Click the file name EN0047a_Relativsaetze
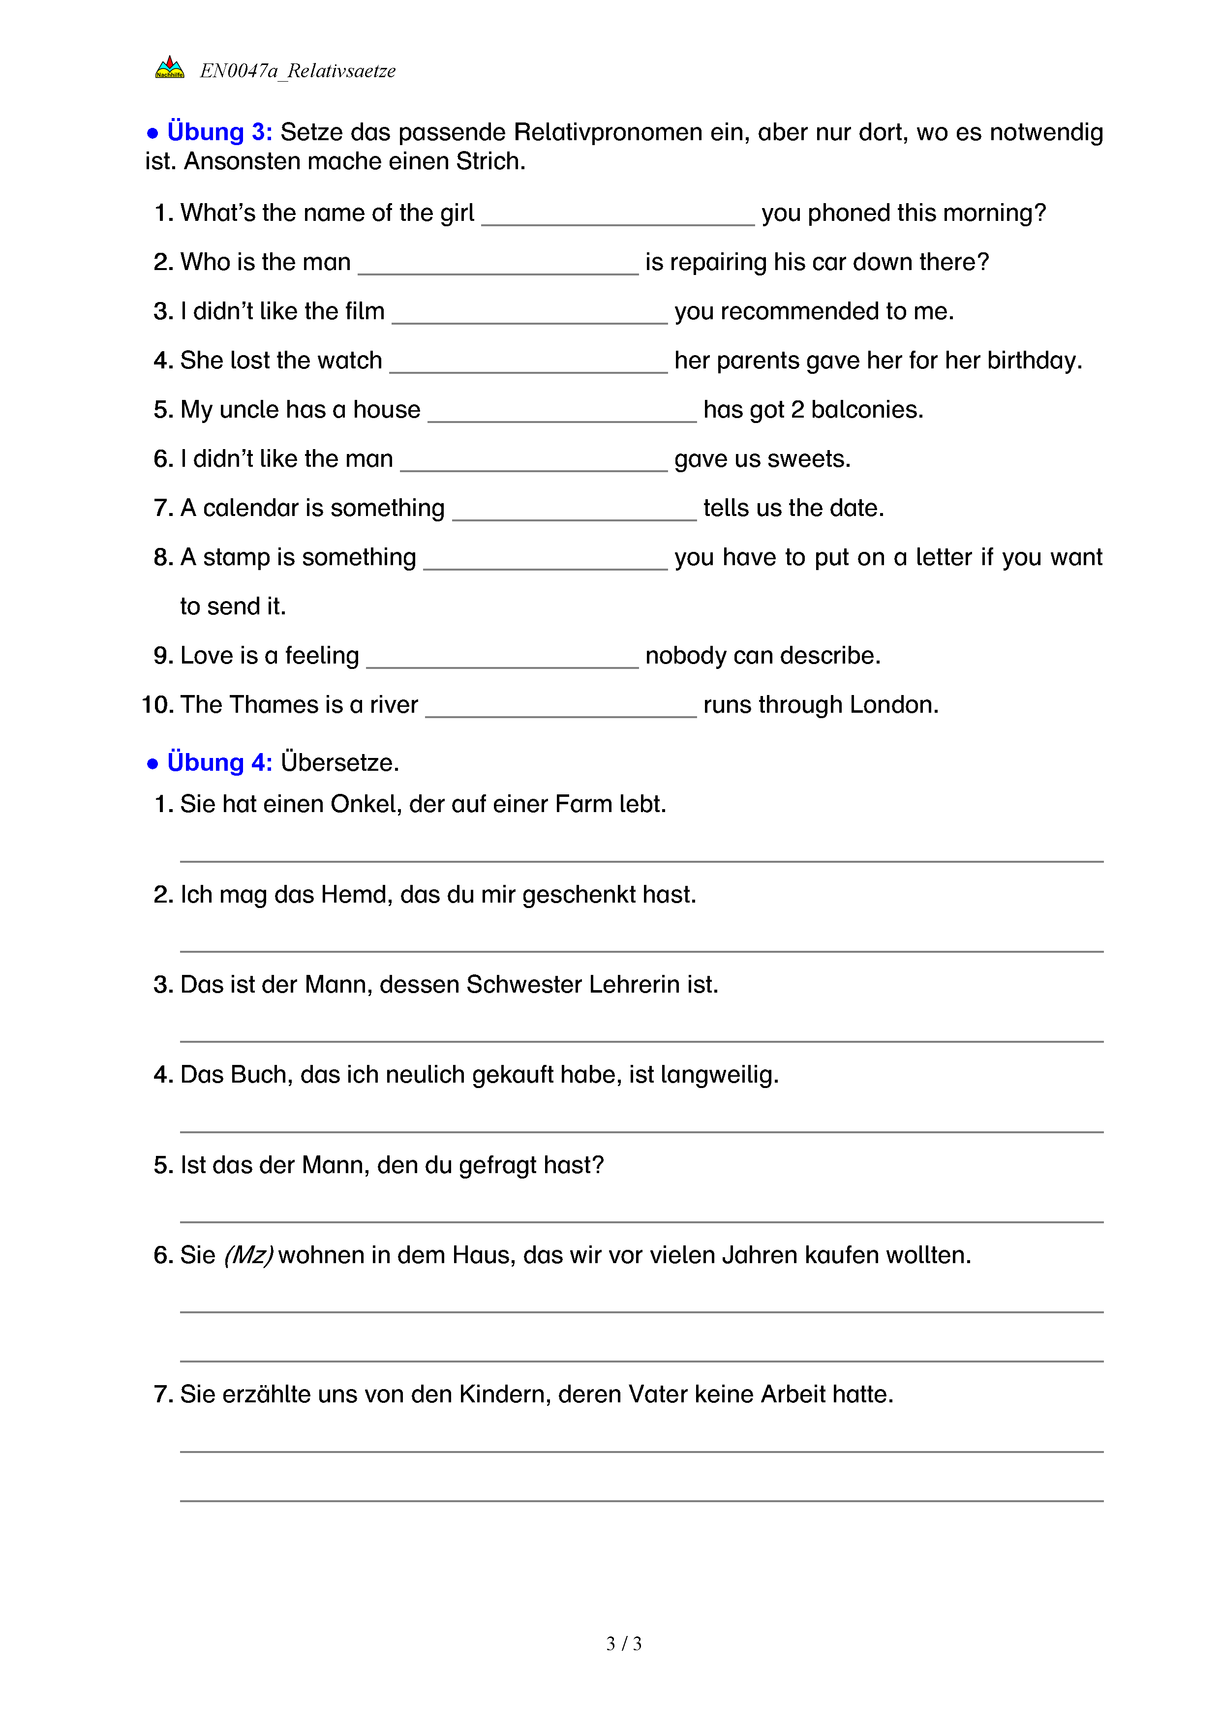click(298, 71)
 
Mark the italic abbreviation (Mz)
click(248, 1255)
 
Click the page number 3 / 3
click(623, 1644)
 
